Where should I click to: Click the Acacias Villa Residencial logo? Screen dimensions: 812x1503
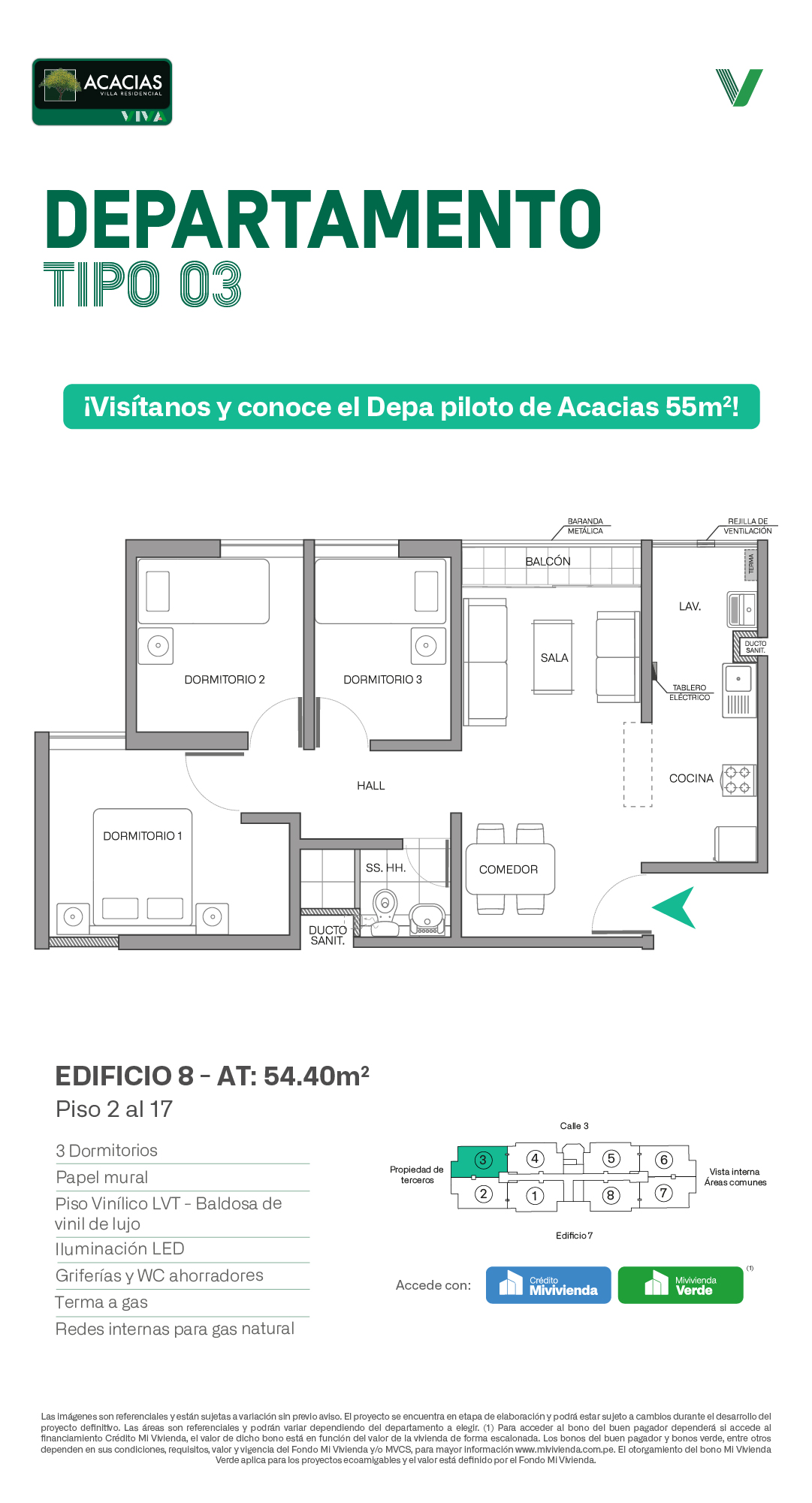coord(102,92)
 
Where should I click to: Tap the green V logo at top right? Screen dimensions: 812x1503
coord(739,87)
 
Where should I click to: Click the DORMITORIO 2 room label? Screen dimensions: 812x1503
coord(225,680)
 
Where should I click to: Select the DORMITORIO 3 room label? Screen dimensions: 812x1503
coord(382,680)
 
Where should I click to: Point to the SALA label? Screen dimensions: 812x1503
coord(554,658)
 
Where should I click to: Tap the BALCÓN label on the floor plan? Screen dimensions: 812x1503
coord(548,562)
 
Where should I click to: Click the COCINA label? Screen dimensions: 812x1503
coord(691,779)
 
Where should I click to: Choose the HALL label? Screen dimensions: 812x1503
coord(371,786)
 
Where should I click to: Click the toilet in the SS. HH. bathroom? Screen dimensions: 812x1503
coord(385,913)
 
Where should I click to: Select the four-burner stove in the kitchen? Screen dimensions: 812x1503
coord(738,780)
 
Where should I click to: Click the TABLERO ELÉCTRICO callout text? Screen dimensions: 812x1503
coord(690,693)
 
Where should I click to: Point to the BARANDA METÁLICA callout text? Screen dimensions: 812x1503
coord(585,526)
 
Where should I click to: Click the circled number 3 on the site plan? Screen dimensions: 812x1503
coord(483,1160)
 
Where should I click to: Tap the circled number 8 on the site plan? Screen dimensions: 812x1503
coord(611,1195)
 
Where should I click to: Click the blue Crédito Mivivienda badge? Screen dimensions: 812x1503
coord(548,1285)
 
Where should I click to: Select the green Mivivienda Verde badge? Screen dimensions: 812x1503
coord(681,1285)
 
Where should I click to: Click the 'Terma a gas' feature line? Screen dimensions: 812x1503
coord(101,1302)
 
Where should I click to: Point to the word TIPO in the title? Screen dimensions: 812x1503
coord(102,285)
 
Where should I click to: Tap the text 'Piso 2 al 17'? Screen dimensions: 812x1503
coord(114,1109)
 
